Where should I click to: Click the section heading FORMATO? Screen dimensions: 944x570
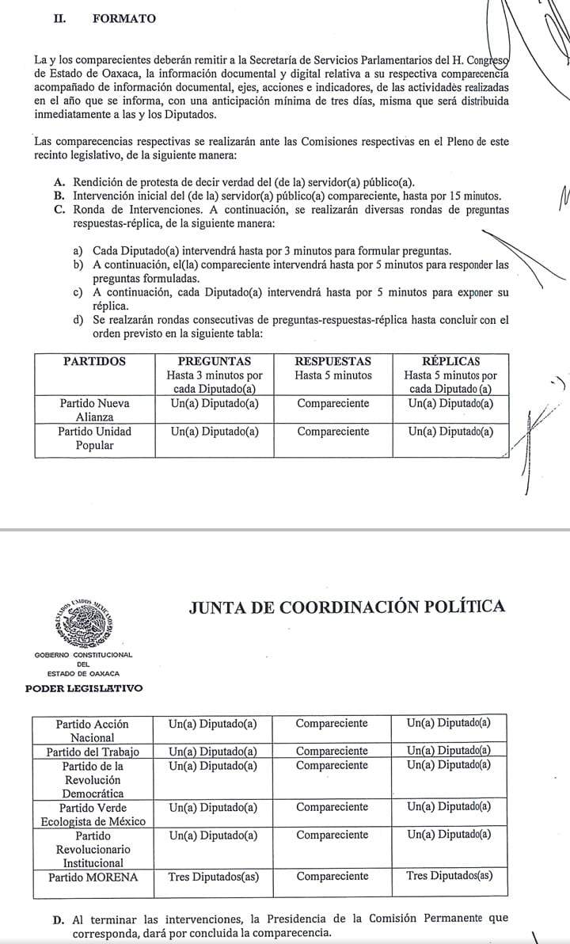(124, 18)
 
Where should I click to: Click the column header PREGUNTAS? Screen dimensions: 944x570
(214, 361)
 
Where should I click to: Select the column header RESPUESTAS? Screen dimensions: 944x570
(332, 361)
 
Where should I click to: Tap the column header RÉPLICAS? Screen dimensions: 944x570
(450, 361)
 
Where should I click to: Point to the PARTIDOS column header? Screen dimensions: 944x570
(94, 361)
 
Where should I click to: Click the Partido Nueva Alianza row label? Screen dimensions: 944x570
(94, 409)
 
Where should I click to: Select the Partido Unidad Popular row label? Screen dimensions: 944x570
(94, 438)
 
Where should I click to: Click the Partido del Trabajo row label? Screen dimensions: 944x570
(93, 752)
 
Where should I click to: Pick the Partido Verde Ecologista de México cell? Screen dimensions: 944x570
(93, 814)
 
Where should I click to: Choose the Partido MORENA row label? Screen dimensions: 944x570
(93, 877)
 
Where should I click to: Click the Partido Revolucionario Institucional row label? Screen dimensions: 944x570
(93, 848)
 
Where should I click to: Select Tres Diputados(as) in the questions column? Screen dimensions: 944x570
(214, 877)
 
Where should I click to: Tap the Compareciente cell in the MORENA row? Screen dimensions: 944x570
(332, 877)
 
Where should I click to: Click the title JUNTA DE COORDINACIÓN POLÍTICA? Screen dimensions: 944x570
(347, 607)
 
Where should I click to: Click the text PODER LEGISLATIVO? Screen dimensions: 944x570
(85, 688)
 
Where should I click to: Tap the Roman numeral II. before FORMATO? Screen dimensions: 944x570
(59, 18)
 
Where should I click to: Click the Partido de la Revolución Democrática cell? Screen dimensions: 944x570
(93, 779)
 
